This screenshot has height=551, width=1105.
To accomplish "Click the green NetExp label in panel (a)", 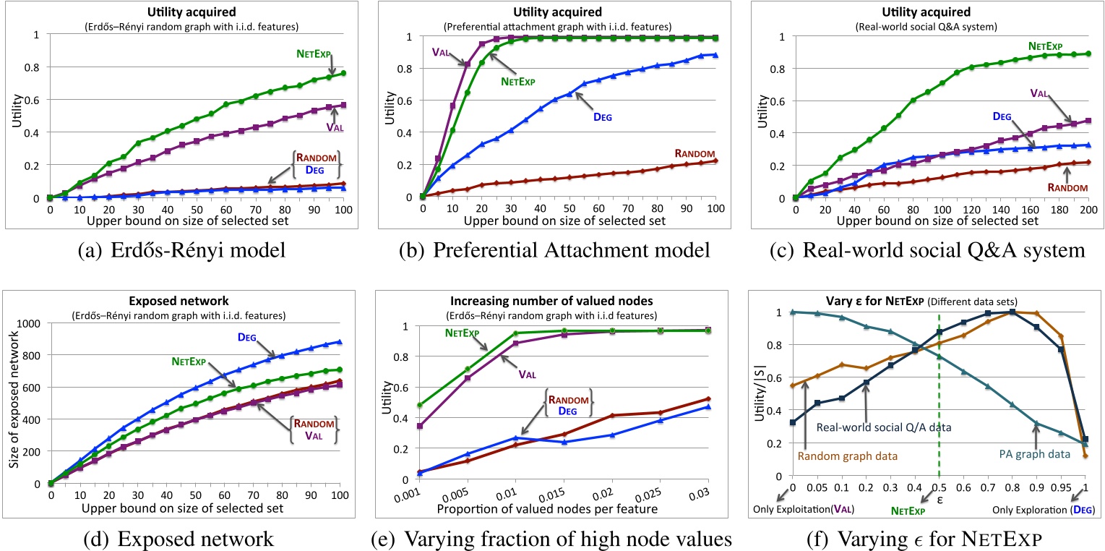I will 319,53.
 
